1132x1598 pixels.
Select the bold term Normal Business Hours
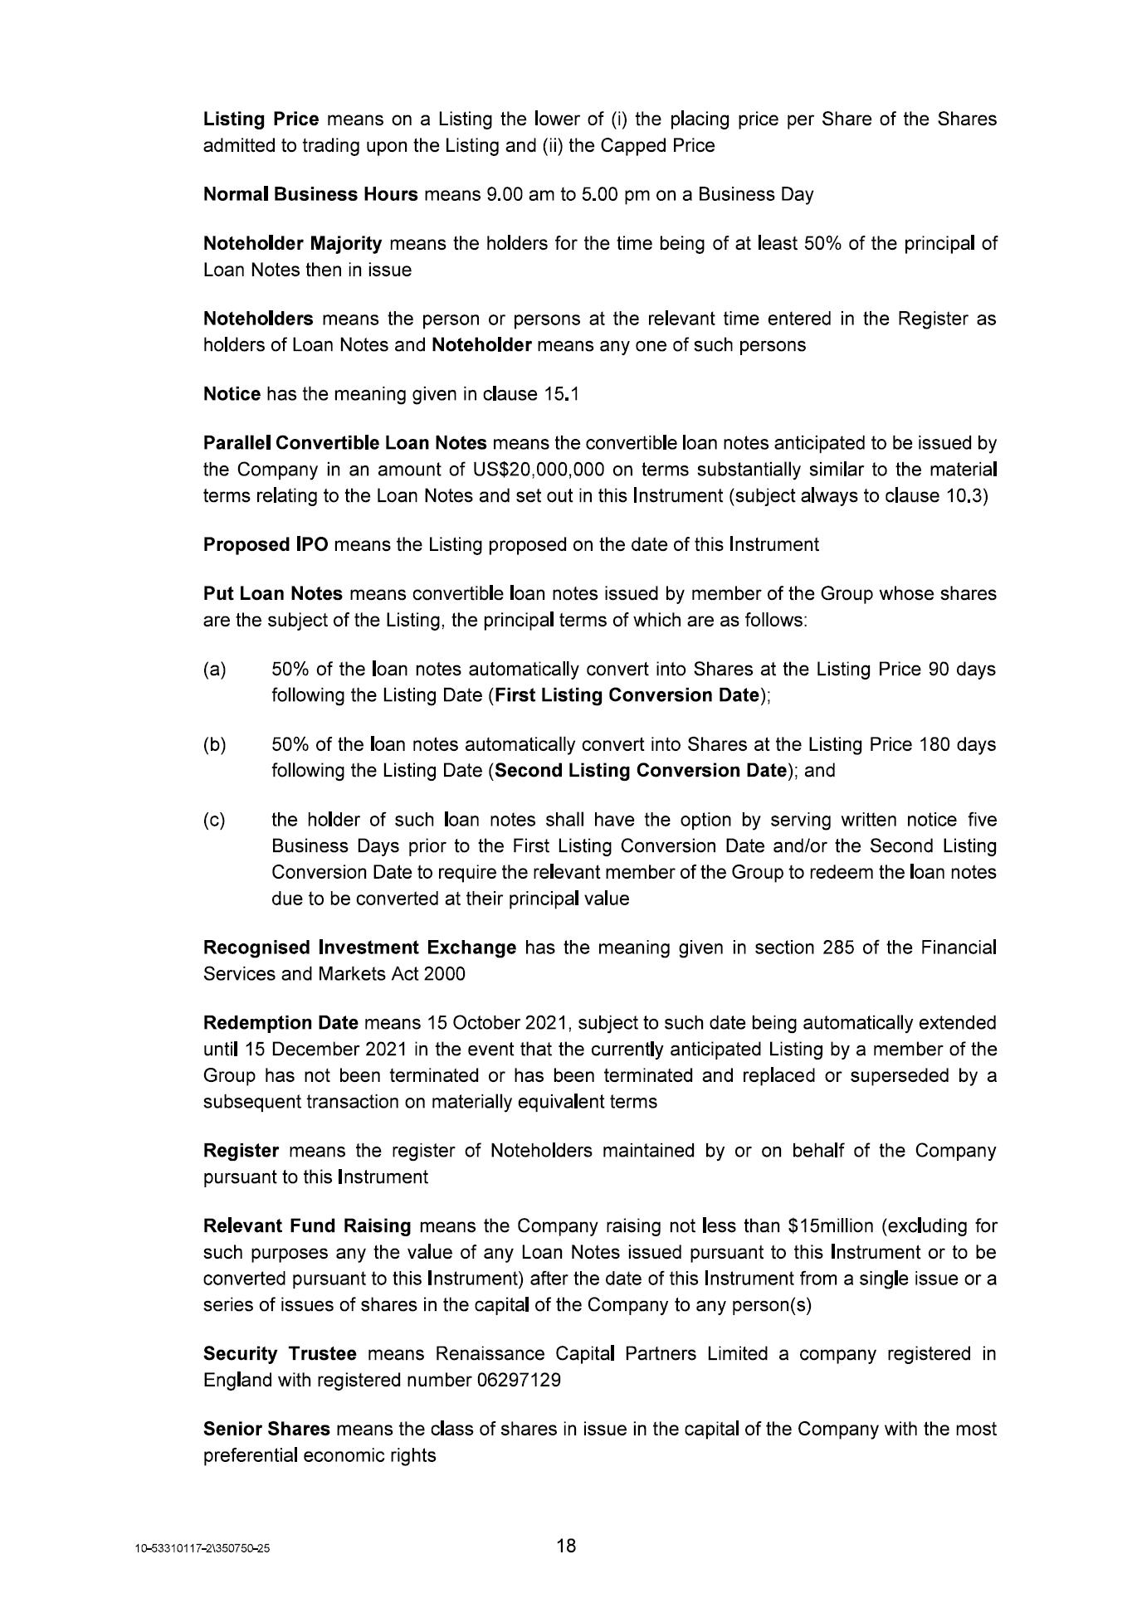(310, 195)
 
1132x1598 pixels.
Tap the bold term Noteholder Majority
(292, 244)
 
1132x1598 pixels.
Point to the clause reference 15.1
(562, 394)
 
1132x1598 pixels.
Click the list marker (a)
(214, 670)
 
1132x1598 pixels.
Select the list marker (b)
(214, 745)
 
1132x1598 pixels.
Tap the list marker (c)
(214, 821)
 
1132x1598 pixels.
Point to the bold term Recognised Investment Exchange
(359, 948)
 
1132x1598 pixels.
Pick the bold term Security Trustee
(280, 1355)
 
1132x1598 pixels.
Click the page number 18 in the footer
(566, 1546)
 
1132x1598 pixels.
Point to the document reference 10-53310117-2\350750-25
(202, 1549)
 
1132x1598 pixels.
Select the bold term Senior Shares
(266, 1430)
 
